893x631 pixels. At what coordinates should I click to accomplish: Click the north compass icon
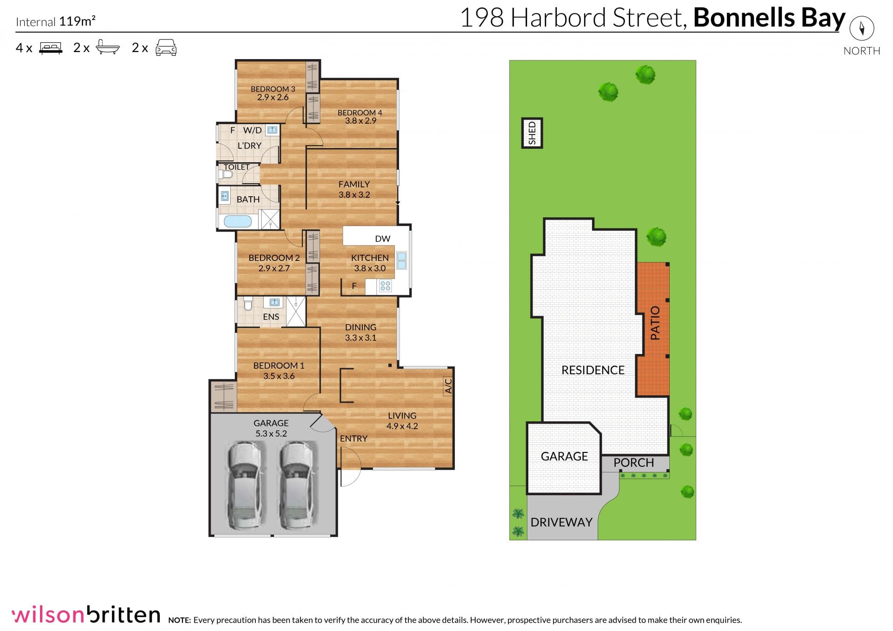point(862,29)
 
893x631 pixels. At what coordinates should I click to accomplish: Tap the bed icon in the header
point(51,48)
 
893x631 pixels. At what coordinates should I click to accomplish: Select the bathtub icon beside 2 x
point(108,47)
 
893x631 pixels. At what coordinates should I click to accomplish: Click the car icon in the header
point(166,47)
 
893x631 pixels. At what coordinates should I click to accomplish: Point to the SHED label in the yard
point(532,133)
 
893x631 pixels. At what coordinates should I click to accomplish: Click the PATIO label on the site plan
point(655,323)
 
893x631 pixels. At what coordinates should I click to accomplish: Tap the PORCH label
point(633,463)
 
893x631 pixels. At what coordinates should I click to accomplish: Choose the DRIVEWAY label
point(561,522)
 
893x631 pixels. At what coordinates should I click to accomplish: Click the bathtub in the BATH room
point(238,221)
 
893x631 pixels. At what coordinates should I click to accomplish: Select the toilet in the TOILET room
point(226,175)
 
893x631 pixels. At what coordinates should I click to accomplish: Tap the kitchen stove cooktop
point(385,286)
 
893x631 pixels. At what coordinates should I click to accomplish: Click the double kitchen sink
point(401,260)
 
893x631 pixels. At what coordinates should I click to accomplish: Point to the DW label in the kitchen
point(383,239)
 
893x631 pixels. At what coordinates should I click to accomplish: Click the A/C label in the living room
point(448,386)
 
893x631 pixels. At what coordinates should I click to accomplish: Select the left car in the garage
point(245,485)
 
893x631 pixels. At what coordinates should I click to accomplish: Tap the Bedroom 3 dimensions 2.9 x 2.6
point(273,97)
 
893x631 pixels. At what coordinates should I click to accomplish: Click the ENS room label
point(271,317)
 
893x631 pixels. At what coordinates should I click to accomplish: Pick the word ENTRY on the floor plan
point(353,438)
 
